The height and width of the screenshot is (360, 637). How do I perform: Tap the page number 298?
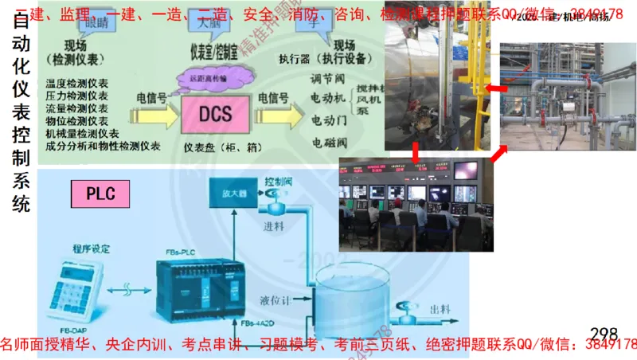[604, 334]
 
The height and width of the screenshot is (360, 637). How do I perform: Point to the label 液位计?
[272, 301]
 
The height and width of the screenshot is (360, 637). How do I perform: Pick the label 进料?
[274, 226]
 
